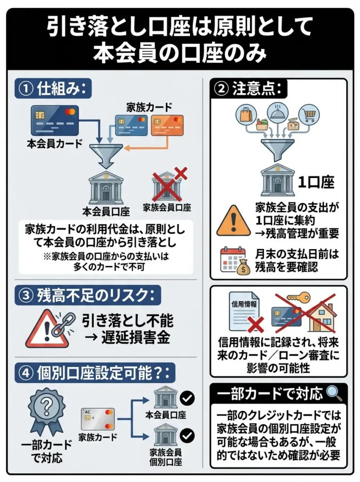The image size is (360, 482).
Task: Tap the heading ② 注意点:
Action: (249, 89)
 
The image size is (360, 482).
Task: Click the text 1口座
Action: (317, 182)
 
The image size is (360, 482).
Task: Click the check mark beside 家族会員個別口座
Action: (188, 436)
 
